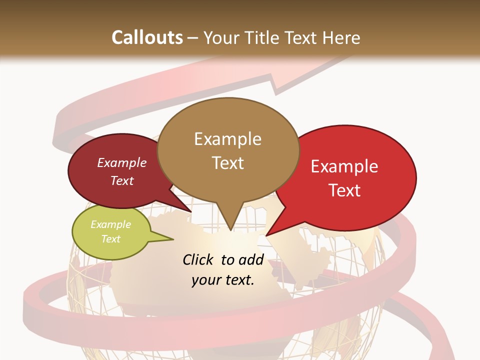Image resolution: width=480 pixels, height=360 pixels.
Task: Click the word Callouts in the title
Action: coord(147,37)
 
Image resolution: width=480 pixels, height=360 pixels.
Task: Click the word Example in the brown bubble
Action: coord(228,139)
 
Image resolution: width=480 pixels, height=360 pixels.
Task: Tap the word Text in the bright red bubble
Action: coord(345,190)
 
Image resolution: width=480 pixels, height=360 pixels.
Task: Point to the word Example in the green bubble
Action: coord(111,224)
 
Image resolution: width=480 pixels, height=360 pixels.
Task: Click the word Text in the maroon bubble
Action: coord(122,180)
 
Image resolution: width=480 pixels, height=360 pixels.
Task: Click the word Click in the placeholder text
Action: coord(199,260)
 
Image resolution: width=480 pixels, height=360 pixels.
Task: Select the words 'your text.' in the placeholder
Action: coord(223,280)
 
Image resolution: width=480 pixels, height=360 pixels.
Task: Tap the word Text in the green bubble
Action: coord(111,239)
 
